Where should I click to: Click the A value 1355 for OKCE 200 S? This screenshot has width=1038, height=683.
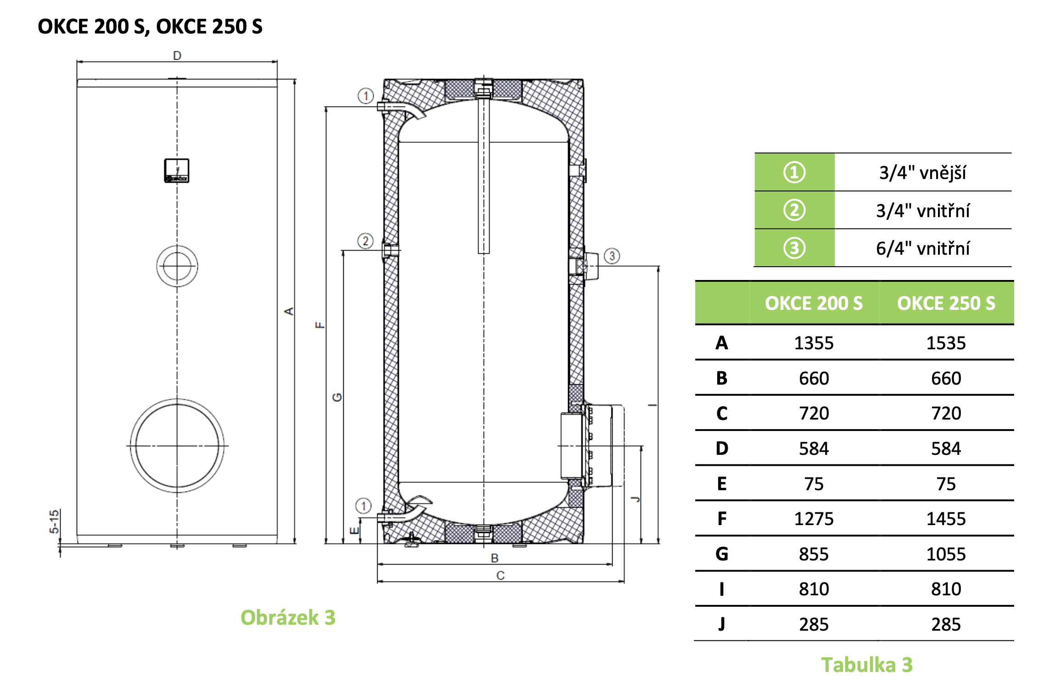(814, 343)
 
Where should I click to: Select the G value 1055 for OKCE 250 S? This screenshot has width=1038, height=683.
(946, 554)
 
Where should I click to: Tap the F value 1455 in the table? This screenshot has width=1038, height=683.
(946, 519)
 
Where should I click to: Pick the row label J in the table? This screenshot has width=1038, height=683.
(721, 624)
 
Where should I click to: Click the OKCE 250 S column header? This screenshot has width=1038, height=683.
(946, 303)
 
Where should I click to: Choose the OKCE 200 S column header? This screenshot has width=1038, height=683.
(814, 303)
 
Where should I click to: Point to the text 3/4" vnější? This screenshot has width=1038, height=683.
(922, 173)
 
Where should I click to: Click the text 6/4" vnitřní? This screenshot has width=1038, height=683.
(922, 248)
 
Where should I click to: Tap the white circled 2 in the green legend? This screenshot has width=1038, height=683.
(794, 210)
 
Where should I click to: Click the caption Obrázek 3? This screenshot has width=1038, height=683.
(288, 617)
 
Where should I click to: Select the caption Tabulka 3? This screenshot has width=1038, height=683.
(866, 665)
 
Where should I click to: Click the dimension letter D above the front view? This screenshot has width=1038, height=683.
(177, 56)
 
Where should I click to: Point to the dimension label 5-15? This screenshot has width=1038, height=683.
(54, 521)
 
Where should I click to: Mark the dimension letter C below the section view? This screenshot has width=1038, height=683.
(500, 575)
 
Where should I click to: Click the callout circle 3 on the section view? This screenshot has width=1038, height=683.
(612, 256)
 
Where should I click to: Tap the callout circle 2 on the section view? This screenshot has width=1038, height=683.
(365, 241)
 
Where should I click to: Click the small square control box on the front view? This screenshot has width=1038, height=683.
(177, 171)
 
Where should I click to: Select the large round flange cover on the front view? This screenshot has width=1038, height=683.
(177, 445)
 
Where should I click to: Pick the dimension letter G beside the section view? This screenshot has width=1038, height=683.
(337, 397)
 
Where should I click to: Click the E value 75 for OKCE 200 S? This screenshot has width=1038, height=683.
(814, 484)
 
